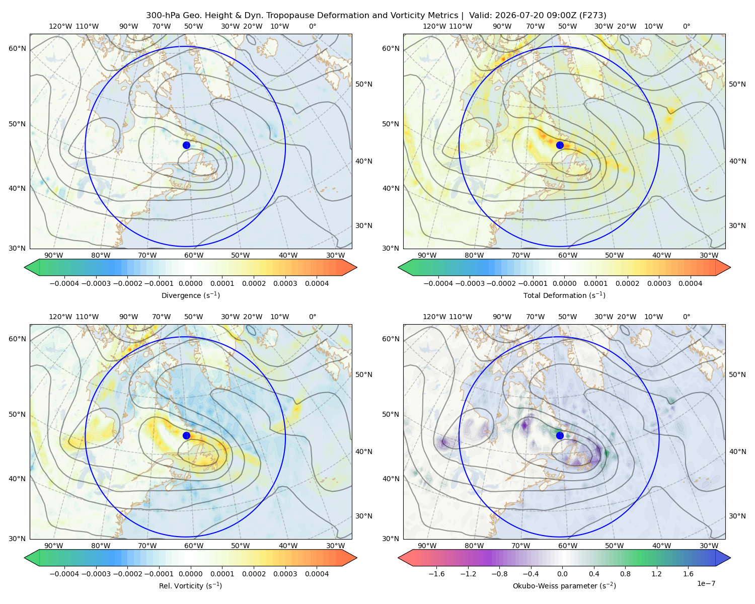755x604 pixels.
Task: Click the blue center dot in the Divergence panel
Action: point(186,145)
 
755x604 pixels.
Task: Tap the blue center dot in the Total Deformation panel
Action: point(560,145)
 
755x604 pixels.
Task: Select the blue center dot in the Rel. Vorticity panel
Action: point(186,435)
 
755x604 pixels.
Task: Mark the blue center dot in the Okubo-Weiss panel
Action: point(560,435)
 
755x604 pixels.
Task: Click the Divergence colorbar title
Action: point(190,295)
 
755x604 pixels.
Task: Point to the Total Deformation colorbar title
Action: point(564,295)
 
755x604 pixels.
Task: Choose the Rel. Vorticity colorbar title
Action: point(190,586)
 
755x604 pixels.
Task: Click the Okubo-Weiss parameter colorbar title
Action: point(564,586)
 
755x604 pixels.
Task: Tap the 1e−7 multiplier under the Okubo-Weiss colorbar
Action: point(706,584)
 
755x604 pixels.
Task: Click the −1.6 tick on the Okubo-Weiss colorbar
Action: point(437,574)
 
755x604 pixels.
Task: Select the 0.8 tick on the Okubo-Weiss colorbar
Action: point(625,574)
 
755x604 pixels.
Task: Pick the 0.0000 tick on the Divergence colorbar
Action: point(190,283)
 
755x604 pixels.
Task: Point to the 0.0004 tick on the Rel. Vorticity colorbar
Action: point(317,574)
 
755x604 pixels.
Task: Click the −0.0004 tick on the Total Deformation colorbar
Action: point(438,283)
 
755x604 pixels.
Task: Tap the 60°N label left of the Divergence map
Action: point(17,48)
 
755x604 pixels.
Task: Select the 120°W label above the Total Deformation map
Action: point(434,26)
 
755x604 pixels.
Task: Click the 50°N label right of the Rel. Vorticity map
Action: point(364,374)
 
